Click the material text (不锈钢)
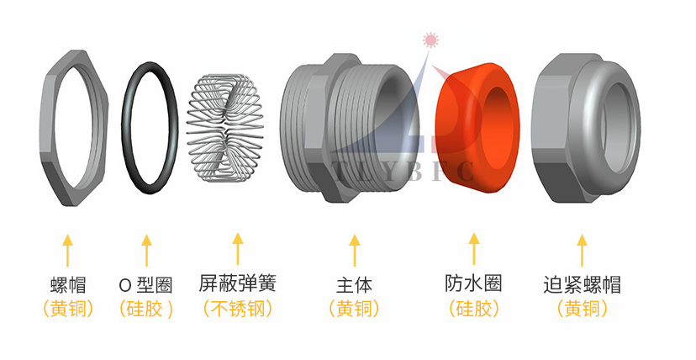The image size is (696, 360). [238, 309]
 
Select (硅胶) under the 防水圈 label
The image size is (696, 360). [473, 309]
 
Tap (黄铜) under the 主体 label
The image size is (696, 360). [354, 309]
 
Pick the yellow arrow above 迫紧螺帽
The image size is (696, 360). [583, 250]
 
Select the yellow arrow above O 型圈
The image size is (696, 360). [146, 250]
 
